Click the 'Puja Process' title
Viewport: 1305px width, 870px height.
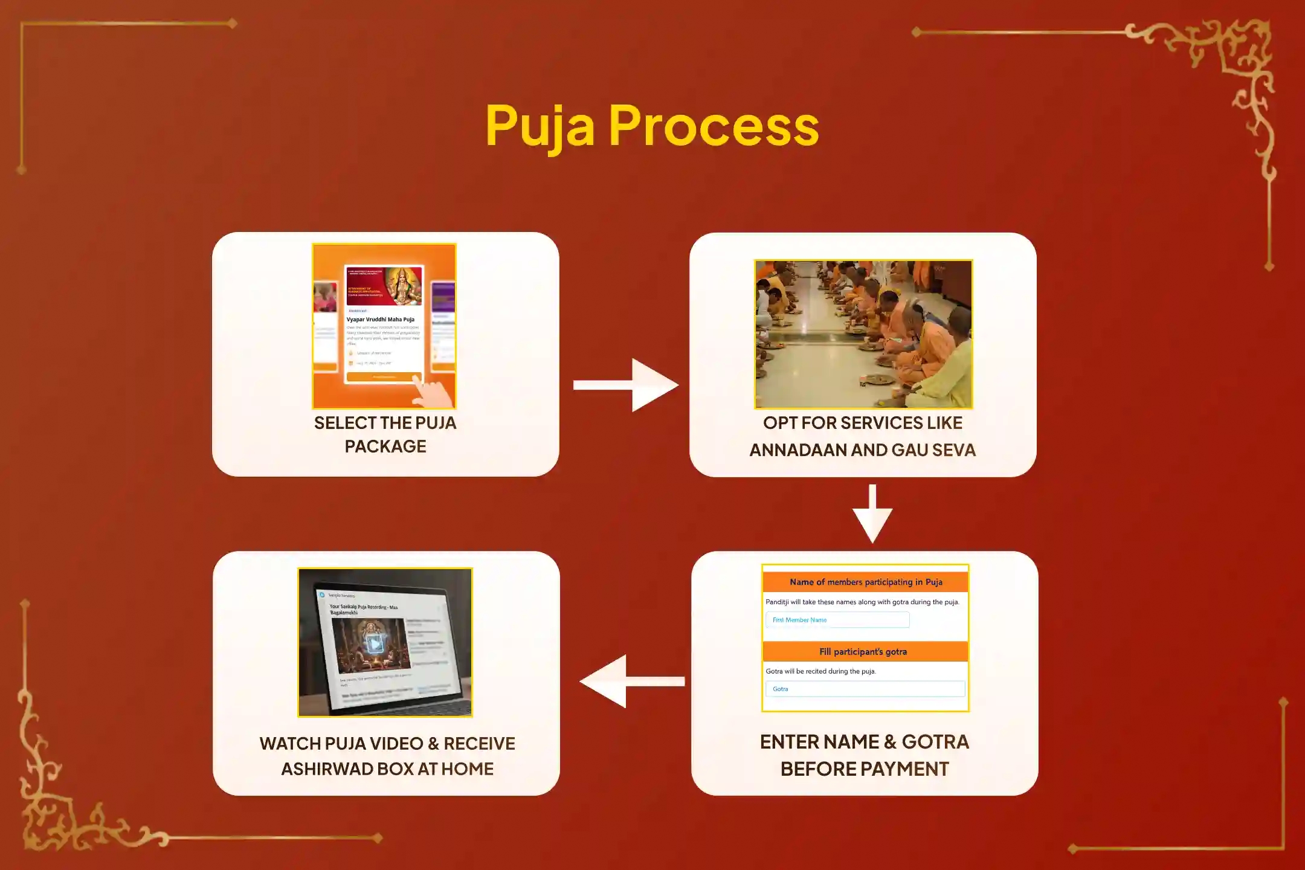click(652, 126)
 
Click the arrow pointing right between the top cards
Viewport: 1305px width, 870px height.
click(626, 385)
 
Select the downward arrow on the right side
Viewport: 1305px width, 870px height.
click(872, 514)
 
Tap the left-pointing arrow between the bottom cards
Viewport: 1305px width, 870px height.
click(631, 681)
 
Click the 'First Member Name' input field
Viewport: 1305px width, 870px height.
click(837, 620)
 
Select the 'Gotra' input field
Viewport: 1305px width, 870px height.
click(865, 689)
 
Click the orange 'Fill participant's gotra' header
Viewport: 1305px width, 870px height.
click(865, 651)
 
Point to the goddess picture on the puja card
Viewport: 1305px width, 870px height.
click(403, 285)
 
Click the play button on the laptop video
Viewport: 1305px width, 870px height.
click(375, 644)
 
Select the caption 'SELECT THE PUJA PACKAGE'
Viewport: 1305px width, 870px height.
click(385, 434)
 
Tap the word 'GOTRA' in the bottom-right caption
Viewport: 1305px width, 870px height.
click(935, 742)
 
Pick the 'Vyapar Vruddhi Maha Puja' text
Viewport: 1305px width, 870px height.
click(381, 320)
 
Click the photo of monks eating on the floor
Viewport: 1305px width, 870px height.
click(863, 334)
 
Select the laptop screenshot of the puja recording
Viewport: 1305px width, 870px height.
click(385, 642)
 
